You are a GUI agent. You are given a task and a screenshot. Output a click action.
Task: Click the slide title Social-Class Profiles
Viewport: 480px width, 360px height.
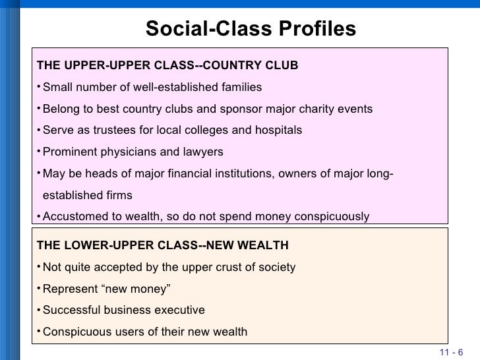tap(250, 29)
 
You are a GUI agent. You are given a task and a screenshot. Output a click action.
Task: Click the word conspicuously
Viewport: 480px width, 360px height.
tap(331, 217)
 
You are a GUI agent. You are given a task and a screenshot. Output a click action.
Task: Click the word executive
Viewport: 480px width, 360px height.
tap(180, 311)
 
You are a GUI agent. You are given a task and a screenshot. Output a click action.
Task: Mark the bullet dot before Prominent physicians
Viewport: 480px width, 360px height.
tap(38, 151)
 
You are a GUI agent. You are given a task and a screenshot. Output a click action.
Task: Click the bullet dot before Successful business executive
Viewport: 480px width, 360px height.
tap(38, 309)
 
